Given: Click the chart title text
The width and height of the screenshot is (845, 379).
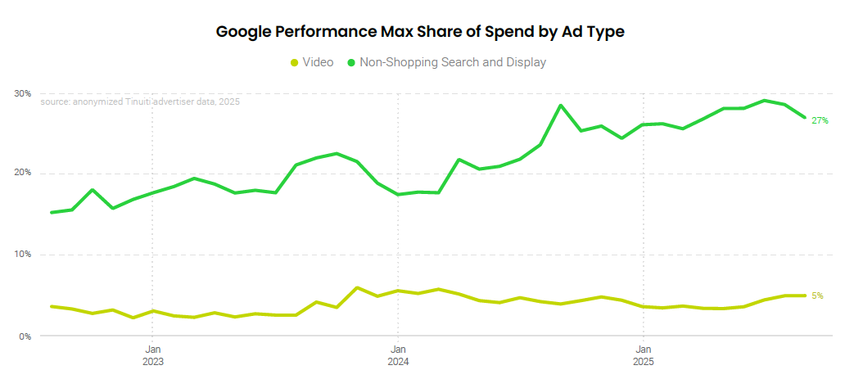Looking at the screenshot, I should (x=420, y=32).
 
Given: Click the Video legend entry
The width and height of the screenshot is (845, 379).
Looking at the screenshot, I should (x=318, y=62).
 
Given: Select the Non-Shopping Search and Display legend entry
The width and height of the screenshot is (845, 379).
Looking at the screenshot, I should (x=453, y=62).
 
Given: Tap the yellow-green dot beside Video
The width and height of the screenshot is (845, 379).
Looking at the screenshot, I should (x=295, y=62).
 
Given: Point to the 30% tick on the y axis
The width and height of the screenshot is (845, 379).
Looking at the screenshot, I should (x=22, y=93).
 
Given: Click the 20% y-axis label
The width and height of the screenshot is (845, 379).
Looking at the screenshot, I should (x=22, y=173).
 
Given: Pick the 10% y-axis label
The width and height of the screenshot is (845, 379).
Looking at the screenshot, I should (x=22, y=255).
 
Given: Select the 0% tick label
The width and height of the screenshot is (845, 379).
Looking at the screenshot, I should (x=24, y=336).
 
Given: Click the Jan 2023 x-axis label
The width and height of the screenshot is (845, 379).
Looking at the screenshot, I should (x=152, y=354).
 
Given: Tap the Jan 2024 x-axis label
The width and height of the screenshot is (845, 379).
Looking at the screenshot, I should (x=398, y=354).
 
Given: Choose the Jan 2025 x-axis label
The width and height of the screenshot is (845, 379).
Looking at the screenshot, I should (x=644, y=354).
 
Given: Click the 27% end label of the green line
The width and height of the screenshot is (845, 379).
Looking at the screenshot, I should (x=820, y=121).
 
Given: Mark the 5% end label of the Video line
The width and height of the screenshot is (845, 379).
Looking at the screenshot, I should (x=817, y=296).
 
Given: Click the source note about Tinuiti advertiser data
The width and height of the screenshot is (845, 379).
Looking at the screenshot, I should (x=140, y=102).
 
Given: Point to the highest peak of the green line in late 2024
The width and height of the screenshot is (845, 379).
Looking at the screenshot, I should (x=561, y=106).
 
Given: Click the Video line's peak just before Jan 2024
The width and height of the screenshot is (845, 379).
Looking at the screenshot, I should (x=357, y=288).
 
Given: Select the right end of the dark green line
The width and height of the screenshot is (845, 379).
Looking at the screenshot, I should (x=806, y=118).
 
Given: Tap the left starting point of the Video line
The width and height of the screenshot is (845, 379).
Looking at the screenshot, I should (x=52, y=306).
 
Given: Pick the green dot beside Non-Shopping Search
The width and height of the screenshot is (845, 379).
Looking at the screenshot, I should (x=352, y=62).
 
